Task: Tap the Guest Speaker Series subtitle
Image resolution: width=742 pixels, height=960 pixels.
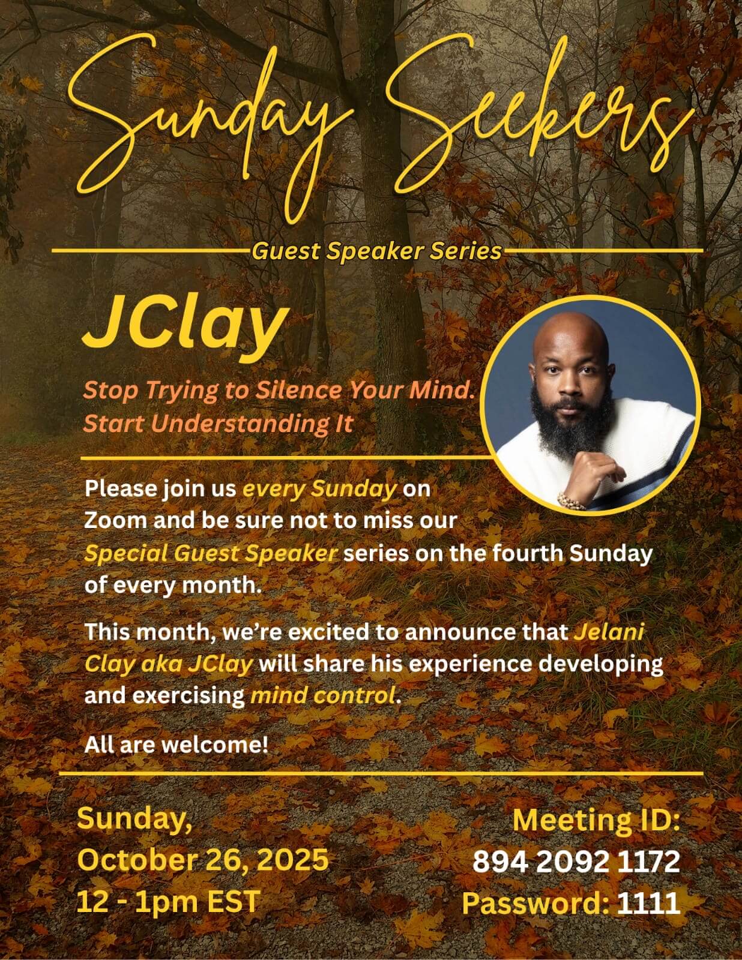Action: pos(376,251)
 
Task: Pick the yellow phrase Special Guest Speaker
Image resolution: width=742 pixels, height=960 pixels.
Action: pos(211,554)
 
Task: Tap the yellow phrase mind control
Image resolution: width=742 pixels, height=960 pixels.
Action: pos(322,696)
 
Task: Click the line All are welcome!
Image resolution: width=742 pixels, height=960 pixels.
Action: pos(176,745)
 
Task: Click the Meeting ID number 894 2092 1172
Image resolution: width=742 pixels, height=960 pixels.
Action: pos(576,861)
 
